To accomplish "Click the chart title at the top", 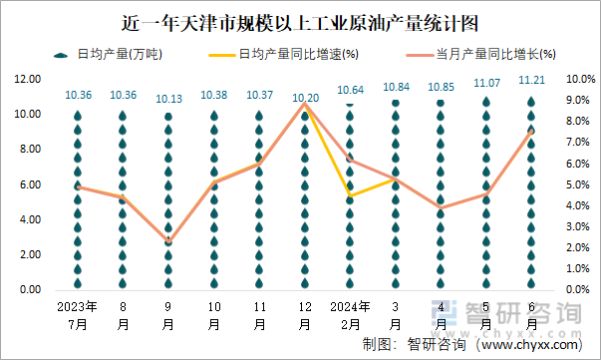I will pos(299,20).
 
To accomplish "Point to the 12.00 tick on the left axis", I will pos(28,79).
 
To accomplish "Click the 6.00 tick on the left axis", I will pos(30,184).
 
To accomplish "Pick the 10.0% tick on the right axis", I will pos(580,79).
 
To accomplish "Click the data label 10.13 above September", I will pos(168,99).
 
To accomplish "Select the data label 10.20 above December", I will pos(305,98).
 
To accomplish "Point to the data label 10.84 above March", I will pos(395,88).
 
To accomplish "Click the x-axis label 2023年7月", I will pos(77,315).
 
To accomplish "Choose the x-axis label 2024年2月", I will pos(350,315).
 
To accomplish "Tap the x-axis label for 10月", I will pos(213,315).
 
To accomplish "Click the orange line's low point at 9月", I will pos(168,242).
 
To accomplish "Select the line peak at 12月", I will pos(305,103).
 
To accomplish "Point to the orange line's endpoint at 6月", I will pos(531,131).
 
